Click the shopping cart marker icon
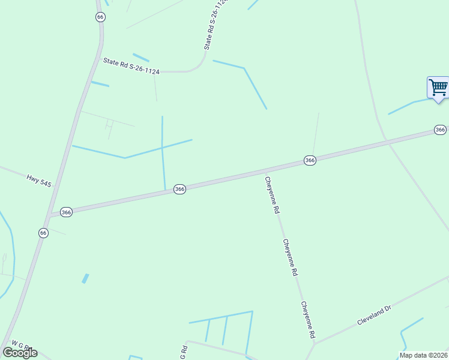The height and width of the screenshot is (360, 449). click(438, 88)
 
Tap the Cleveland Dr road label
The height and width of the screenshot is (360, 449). click(374, 315)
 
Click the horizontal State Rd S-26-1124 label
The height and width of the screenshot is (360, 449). click(131, 66)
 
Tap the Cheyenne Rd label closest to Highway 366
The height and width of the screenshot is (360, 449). click(272, 194)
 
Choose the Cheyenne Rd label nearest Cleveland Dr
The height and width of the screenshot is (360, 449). click(308, 320)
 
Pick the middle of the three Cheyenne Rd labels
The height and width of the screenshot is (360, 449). click(291, 257)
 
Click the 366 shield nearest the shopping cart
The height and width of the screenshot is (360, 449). click(440, 130)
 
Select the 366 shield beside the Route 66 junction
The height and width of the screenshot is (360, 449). click(66, 212)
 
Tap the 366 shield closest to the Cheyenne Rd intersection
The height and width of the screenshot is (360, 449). click(310, 160)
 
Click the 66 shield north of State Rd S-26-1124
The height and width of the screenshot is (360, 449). click(100, 17)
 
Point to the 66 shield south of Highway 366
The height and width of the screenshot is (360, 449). click(43, 233)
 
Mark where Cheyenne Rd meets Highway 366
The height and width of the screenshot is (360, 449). click(266, 170)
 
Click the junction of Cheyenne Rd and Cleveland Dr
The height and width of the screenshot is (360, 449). click(314, 344)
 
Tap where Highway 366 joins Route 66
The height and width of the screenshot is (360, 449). click(50, 215)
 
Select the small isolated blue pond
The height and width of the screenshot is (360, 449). click(85, 278)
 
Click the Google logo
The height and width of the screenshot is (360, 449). click(20, 352)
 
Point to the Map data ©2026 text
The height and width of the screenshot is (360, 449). click(424, 355)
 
